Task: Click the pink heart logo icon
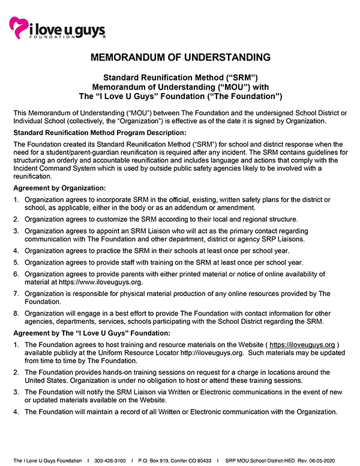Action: coord(18,26)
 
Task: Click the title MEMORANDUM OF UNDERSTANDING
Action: coord(180,58)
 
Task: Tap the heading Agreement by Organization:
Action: coord(59,188)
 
